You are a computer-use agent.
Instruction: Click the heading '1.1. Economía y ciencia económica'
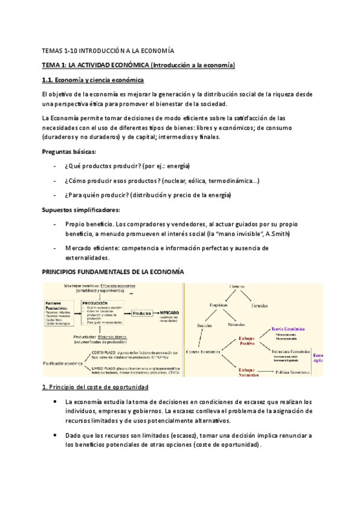coord(92,80)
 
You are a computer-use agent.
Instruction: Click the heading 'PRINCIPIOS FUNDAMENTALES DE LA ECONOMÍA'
coord(112,272)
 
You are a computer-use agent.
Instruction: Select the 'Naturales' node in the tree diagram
coord(237,325)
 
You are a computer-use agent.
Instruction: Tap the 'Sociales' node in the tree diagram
coord(205,325)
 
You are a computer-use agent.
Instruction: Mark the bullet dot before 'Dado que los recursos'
coord(56,435)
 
